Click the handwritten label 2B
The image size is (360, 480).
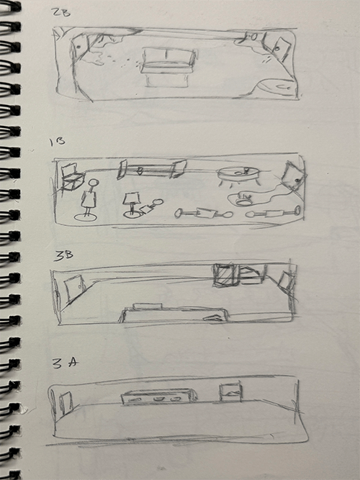pyautogui.click(x=62, y=14)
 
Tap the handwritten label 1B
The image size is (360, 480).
pyautogui.click(x=58, y=142)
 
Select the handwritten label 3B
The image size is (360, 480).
pyautogui.click(x=63, y=256)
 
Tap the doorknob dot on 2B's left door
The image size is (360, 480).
pyautogui.click(x=78, y=47)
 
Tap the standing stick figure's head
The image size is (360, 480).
pyautogui.click(x=93, y=184)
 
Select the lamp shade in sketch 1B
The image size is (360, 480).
pyautogui.click(x=131, y=199)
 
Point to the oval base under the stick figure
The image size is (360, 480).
pyautogui.click(x=85, y=217)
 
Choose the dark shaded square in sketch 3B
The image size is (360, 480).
pyautogui.click(x=225, y=275)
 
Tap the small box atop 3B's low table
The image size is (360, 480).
pyautogui.click(x=147, y=306)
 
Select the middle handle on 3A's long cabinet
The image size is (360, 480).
pyautogui.click(x=158, y=399)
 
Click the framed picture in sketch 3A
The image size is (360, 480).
pyautogui.click(x=230, y=392)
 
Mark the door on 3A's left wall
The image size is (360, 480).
pyautogui.click(x=66, y=403)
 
